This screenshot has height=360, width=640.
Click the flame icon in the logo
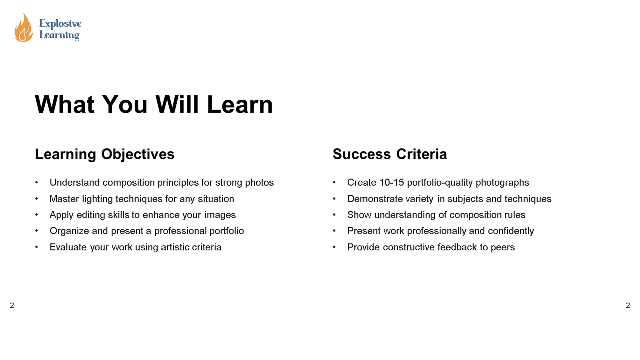click(x=23, y=28)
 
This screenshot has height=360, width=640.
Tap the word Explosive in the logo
click(x=60, y=24)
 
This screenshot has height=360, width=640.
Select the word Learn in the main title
click(x=240, y=105)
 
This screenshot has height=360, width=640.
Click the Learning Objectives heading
click(x=105, y=154)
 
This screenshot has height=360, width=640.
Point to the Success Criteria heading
click(x=390, y=154)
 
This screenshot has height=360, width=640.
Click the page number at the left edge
click(x=12, y=306)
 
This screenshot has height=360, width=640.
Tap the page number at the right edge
click(x=628, y=306)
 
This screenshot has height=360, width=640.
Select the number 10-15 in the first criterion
click(x=392, y=183)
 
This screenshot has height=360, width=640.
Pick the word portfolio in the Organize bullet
click(x=227, y=231)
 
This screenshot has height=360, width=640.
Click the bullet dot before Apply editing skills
click(x=36, y=215)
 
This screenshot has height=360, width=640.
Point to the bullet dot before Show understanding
click(x=334, y=215)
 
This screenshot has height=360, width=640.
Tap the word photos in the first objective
click(x=259, y=183)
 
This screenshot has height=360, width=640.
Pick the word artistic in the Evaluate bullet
click(x=175, y=247)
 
